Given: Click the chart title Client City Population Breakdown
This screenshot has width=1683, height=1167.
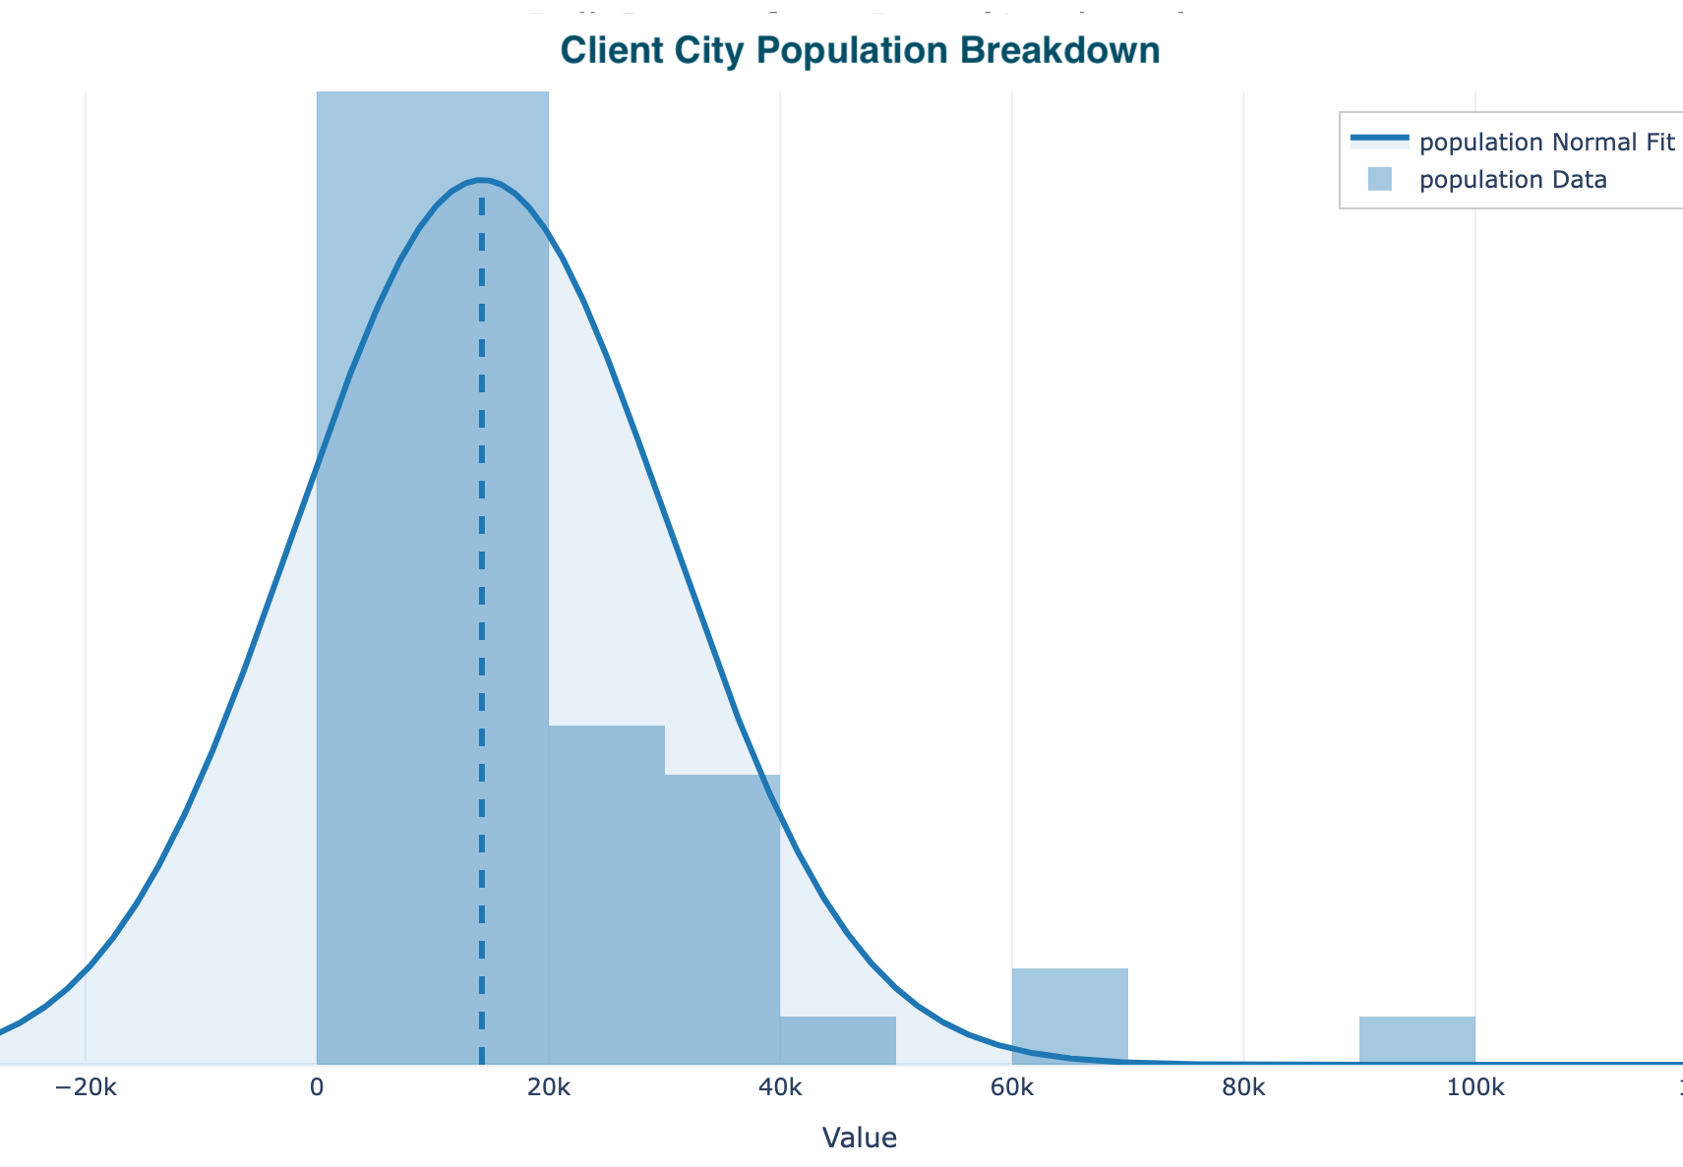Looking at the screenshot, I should [860, 50].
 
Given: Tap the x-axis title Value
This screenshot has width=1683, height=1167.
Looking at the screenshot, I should [859, 1138].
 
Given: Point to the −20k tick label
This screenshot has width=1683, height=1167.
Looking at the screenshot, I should [86, 1088].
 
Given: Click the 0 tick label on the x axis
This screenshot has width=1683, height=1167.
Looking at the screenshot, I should [317, 1088].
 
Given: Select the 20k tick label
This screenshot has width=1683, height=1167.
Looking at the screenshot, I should [548, 1088].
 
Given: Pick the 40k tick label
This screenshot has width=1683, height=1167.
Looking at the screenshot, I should [780, 1088].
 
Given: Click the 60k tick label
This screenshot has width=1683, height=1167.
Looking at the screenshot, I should [1012, 1088].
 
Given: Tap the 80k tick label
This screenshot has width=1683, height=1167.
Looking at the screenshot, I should [1243, 1088].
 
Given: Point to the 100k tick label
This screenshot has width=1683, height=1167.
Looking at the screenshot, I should [1475, 1088].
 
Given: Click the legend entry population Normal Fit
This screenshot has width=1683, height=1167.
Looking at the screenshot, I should [1546, 143].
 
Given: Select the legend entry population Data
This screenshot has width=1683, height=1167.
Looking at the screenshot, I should [1513, 180].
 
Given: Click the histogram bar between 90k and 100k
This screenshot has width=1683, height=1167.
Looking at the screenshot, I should [1417, 1040].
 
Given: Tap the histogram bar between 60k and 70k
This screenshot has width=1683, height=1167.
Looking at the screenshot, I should [1070, 1016].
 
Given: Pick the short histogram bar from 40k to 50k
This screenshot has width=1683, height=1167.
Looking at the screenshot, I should [838, 1040].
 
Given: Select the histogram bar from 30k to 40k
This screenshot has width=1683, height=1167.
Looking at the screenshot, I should [722, 919].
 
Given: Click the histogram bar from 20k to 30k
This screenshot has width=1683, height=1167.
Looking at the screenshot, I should [606, 895].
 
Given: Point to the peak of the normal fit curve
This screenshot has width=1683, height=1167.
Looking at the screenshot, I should [480, 180].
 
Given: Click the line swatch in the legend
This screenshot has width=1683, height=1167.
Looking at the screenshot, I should [1379, 140].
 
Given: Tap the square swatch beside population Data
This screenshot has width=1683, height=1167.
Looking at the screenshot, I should [1379, 179].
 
